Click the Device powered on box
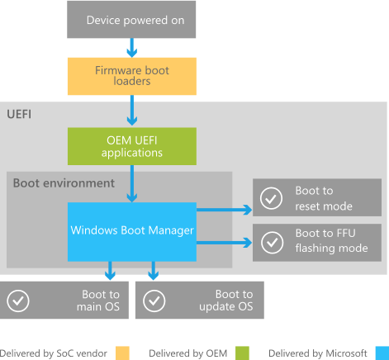tap(130, 19)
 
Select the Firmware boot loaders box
tap(130, 76)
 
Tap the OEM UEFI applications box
tap(130, 146)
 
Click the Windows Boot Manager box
tap(130, 231)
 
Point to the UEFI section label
tap(20, 113)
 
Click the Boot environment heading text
tap(64, 182)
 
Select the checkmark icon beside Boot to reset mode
tap(270, 198)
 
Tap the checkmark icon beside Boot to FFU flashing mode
tap(270, 243)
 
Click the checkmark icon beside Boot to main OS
tap(18, 301)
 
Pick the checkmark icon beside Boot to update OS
tap(153, 301)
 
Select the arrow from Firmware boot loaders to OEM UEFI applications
tap(130, 110)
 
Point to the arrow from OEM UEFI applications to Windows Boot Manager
tap(130, 184)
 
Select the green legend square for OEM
tap(242, 353)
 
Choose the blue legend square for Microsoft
tap(381, 353)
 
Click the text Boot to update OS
tap(234, 301)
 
